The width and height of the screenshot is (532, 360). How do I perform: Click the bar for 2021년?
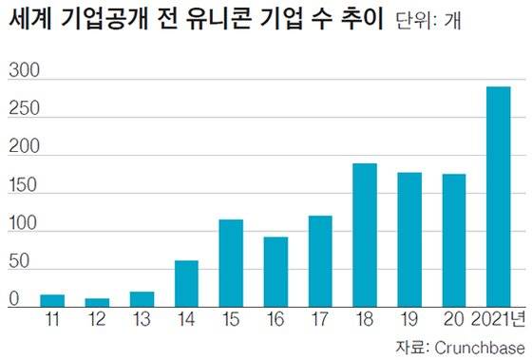499,197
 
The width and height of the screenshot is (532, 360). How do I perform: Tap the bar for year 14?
187,284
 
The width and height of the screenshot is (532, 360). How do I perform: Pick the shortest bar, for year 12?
98,302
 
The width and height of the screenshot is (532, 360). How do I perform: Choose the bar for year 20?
454,240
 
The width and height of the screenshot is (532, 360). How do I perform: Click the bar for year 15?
232,263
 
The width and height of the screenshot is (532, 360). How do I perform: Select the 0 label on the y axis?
14,298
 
